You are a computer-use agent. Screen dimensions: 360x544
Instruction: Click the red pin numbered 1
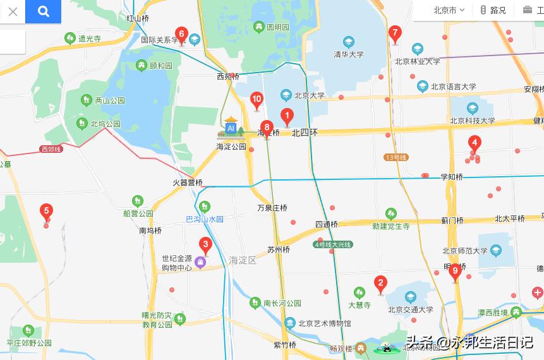[x=287, y=116]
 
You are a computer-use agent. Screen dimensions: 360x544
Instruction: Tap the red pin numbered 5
[x=45, y=211]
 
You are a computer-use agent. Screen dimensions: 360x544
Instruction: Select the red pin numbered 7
[x=395, y=33]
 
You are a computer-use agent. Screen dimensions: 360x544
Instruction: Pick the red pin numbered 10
[x=257, y=99]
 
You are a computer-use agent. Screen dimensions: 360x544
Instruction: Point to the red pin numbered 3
[x=205, y=244]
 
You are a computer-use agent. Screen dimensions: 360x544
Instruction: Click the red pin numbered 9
[x=455, y=271]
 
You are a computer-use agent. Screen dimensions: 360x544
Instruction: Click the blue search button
[x=43, y=11]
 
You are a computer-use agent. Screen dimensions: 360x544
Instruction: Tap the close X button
[x=13, y=11]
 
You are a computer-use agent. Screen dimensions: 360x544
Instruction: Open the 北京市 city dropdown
[x=449, y=10]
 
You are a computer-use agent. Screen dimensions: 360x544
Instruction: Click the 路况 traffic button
[x=493, y=10]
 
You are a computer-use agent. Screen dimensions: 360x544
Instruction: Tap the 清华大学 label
[x=349, y=54]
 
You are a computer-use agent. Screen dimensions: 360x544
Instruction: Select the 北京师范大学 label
[x=466, y=251]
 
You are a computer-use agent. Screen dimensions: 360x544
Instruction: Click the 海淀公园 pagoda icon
[x=231, y=126]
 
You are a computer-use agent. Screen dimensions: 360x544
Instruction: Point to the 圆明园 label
[x=277, y=27]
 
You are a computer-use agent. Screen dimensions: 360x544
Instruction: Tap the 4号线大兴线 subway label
[x=333, y=244]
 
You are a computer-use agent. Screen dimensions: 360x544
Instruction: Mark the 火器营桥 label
[x=188, y=183]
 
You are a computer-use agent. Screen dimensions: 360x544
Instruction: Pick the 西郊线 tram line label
[x=50, y=149]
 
